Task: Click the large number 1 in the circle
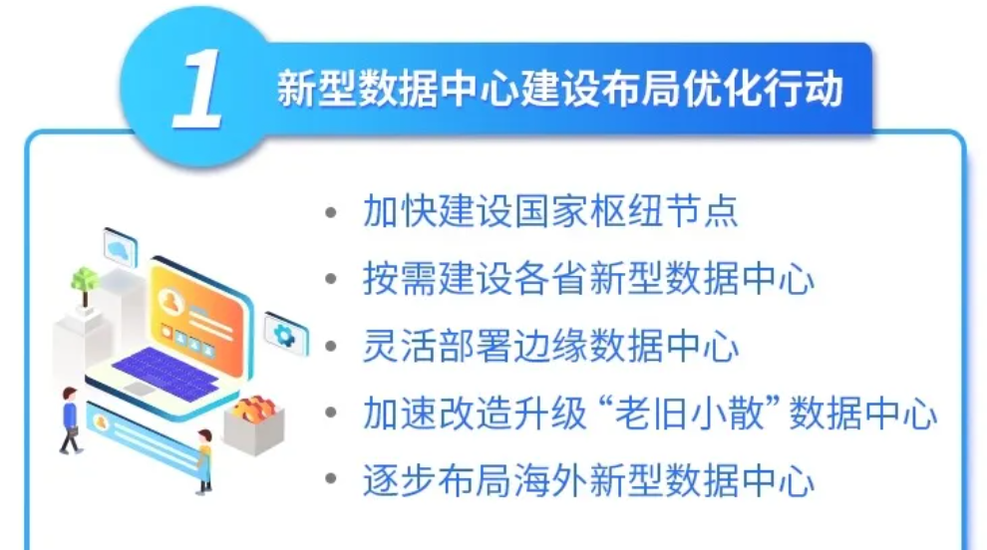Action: pos(197,89)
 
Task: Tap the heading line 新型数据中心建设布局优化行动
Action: pos(559,89)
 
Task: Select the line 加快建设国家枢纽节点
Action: pos(550,211)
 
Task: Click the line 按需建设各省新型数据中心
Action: pos(588,278)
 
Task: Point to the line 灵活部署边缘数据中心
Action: pos(550,346)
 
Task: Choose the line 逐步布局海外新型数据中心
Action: pos(588,481)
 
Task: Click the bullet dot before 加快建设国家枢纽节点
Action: pos(331,212)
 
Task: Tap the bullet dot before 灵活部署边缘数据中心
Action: pos(331,347)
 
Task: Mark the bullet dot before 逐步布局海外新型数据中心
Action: pos(331,479)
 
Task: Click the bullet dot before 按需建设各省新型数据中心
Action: pos(331,279)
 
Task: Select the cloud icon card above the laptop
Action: pos(121,248)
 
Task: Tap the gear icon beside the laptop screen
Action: pos(285,335)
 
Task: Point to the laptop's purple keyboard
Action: pos(165,373)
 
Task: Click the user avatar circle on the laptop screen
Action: pos(170,301)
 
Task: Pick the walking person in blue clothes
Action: pos(70,419)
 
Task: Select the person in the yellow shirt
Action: pos(204,460)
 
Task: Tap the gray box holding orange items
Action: pos(254,423)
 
